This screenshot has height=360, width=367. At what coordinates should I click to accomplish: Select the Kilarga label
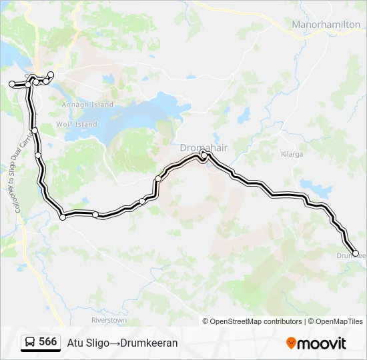pos(292,154)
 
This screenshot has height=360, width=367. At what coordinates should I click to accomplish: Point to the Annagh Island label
pos(87,105)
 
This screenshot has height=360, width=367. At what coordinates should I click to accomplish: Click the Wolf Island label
pos(77,124)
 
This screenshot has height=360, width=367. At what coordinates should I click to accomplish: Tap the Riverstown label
pos(109,320)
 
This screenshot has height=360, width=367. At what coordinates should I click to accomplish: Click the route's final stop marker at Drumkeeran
pos(355,253)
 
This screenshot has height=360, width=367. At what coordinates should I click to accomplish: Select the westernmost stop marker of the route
pos(11,83)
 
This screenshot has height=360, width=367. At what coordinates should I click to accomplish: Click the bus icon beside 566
pos(30,342)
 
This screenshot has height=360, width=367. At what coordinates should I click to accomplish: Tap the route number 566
pos(48,342)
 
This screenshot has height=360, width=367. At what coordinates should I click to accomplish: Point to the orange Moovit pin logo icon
pos(291,343)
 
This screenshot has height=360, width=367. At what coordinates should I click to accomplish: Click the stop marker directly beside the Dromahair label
pos(204,155)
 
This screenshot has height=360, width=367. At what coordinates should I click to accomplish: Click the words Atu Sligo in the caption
pos(87,343)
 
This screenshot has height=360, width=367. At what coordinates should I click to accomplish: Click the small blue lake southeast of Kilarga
pos(308,185)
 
